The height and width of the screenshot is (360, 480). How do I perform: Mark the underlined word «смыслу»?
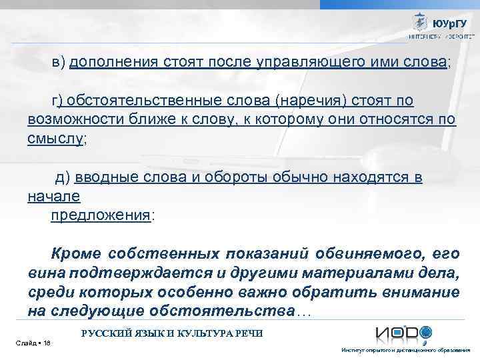[x=56, y=139]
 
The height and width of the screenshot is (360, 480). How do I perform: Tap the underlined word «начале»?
[x=53, y=197]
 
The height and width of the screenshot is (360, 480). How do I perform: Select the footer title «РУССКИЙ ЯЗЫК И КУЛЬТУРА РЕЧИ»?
[x=172, y=333]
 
